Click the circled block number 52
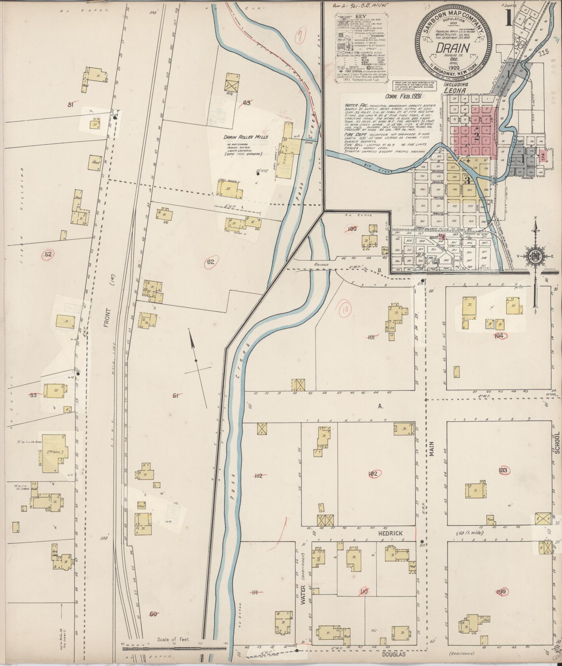(48, 254)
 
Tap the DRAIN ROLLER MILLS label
(246, 137)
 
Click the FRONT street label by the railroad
(107, 317)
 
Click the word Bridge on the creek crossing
(321, 265)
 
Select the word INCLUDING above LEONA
(456, 84)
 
